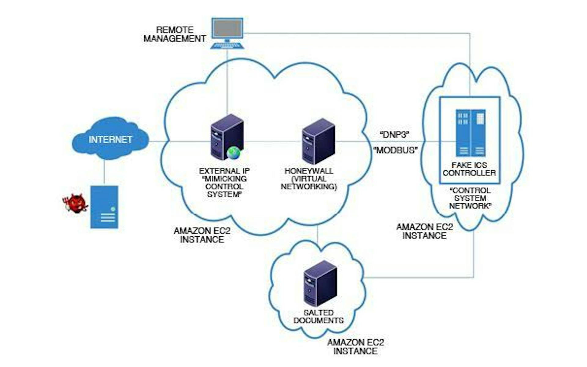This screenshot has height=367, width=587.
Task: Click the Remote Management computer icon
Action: click(x=227, y=31)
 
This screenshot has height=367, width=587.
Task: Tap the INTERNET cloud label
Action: click(x=110, y=140)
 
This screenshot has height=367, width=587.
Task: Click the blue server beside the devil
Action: click(x=104, y=207)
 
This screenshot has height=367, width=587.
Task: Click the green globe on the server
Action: click(x=234, y=153)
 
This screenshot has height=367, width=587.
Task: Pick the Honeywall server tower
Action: click(x=318, y=141)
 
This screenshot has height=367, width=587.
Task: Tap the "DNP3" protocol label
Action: click(x=394, y=135)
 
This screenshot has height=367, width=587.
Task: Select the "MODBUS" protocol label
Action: click(x=396, y=150)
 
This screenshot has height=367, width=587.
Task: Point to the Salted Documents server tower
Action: click(x=320, y=283)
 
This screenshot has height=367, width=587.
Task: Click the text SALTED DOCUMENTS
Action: click(x=319, y=317)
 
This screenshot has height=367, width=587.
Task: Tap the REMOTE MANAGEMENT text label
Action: click(x=175, y=34)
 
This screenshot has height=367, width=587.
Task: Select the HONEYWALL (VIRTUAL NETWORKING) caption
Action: click(x=309, y=179)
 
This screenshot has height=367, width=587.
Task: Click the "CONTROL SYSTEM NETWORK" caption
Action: click(x=470, y=198)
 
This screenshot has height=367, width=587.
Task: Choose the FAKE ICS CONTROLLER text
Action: click(x=469, y=169)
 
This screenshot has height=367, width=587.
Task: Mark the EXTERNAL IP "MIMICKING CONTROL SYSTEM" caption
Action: click(x=224, y=183)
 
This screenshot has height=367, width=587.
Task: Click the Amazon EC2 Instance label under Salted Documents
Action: click(x=356, y=347)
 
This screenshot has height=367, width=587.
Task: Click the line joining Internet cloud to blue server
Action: click(x=104, y=172)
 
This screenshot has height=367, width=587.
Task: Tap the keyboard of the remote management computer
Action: click(x=227, y=45)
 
